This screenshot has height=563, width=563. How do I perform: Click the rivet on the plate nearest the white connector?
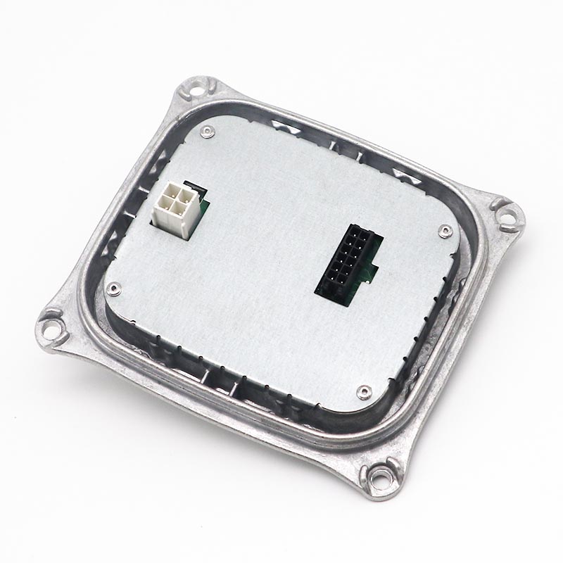[x=206, y=131]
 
